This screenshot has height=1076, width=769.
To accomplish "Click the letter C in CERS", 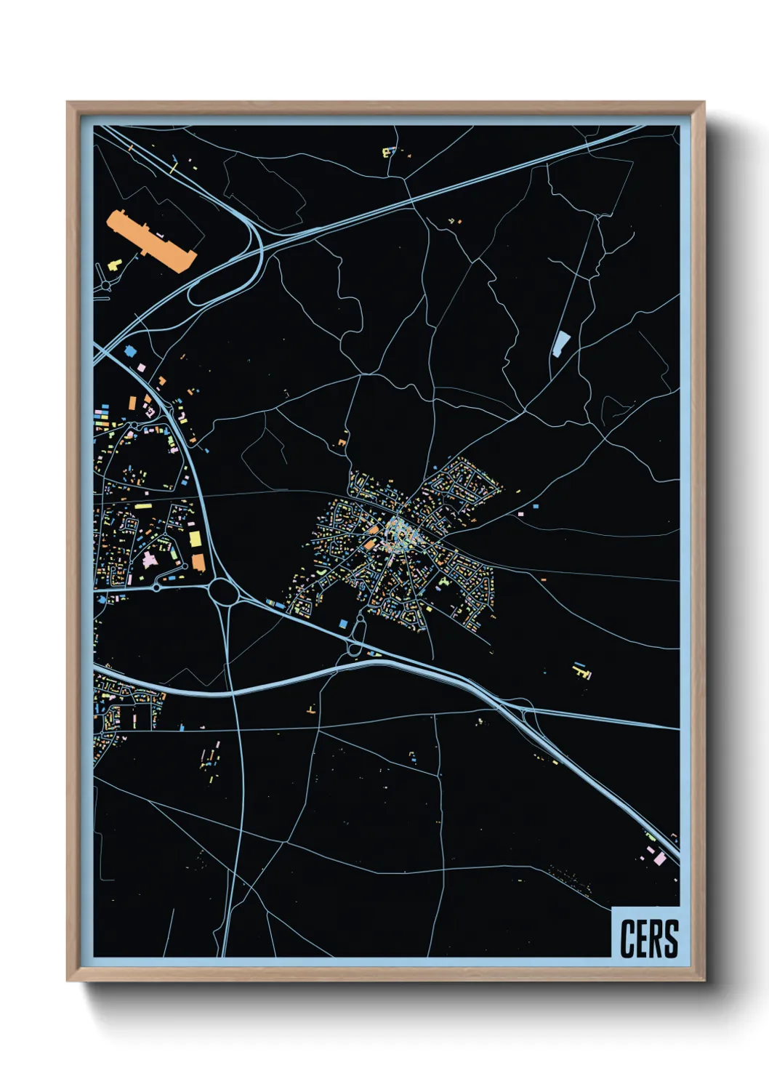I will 627,939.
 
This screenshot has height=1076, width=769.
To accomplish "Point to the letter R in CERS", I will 657,939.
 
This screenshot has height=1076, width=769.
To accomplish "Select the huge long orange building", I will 152,241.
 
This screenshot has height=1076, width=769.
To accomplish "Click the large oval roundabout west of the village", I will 225,592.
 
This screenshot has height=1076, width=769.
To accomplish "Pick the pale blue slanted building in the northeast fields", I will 560,343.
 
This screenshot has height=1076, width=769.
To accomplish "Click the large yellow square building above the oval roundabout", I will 195,539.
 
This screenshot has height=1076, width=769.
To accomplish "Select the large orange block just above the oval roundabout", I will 198,562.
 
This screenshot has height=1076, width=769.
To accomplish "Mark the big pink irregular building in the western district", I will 150,560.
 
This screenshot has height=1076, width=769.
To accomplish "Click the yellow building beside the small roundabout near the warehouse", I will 114,265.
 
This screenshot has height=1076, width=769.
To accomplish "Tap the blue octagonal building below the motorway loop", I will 131,351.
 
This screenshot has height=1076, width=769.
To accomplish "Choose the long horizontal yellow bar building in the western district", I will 143,505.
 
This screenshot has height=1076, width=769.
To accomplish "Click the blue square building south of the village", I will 343,623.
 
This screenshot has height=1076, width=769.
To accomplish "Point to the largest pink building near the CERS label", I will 659,859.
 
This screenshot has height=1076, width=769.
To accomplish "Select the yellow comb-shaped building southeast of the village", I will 581,672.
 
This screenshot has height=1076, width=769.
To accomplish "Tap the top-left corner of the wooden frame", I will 68,103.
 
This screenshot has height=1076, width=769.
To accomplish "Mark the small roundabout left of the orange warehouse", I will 107,286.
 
